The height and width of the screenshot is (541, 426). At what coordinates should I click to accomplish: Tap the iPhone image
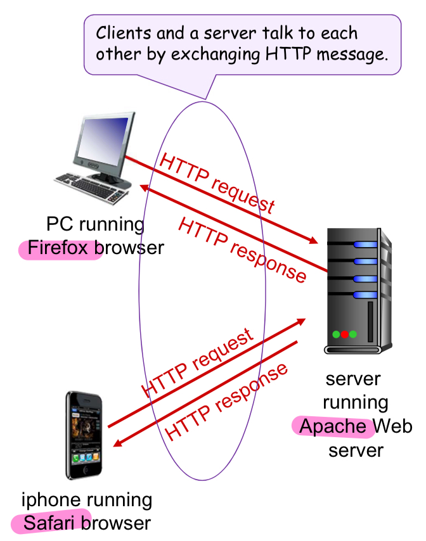tap(85, 436)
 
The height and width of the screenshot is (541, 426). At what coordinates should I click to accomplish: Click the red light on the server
tap(345, 334)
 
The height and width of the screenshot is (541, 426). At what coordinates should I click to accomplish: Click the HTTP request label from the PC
tap(217, 183)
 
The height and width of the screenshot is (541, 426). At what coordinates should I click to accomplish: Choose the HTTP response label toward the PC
tap(243, 249)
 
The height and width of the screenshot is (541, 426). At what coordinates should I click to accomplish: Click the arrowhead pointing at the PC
tap(145, 188)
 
